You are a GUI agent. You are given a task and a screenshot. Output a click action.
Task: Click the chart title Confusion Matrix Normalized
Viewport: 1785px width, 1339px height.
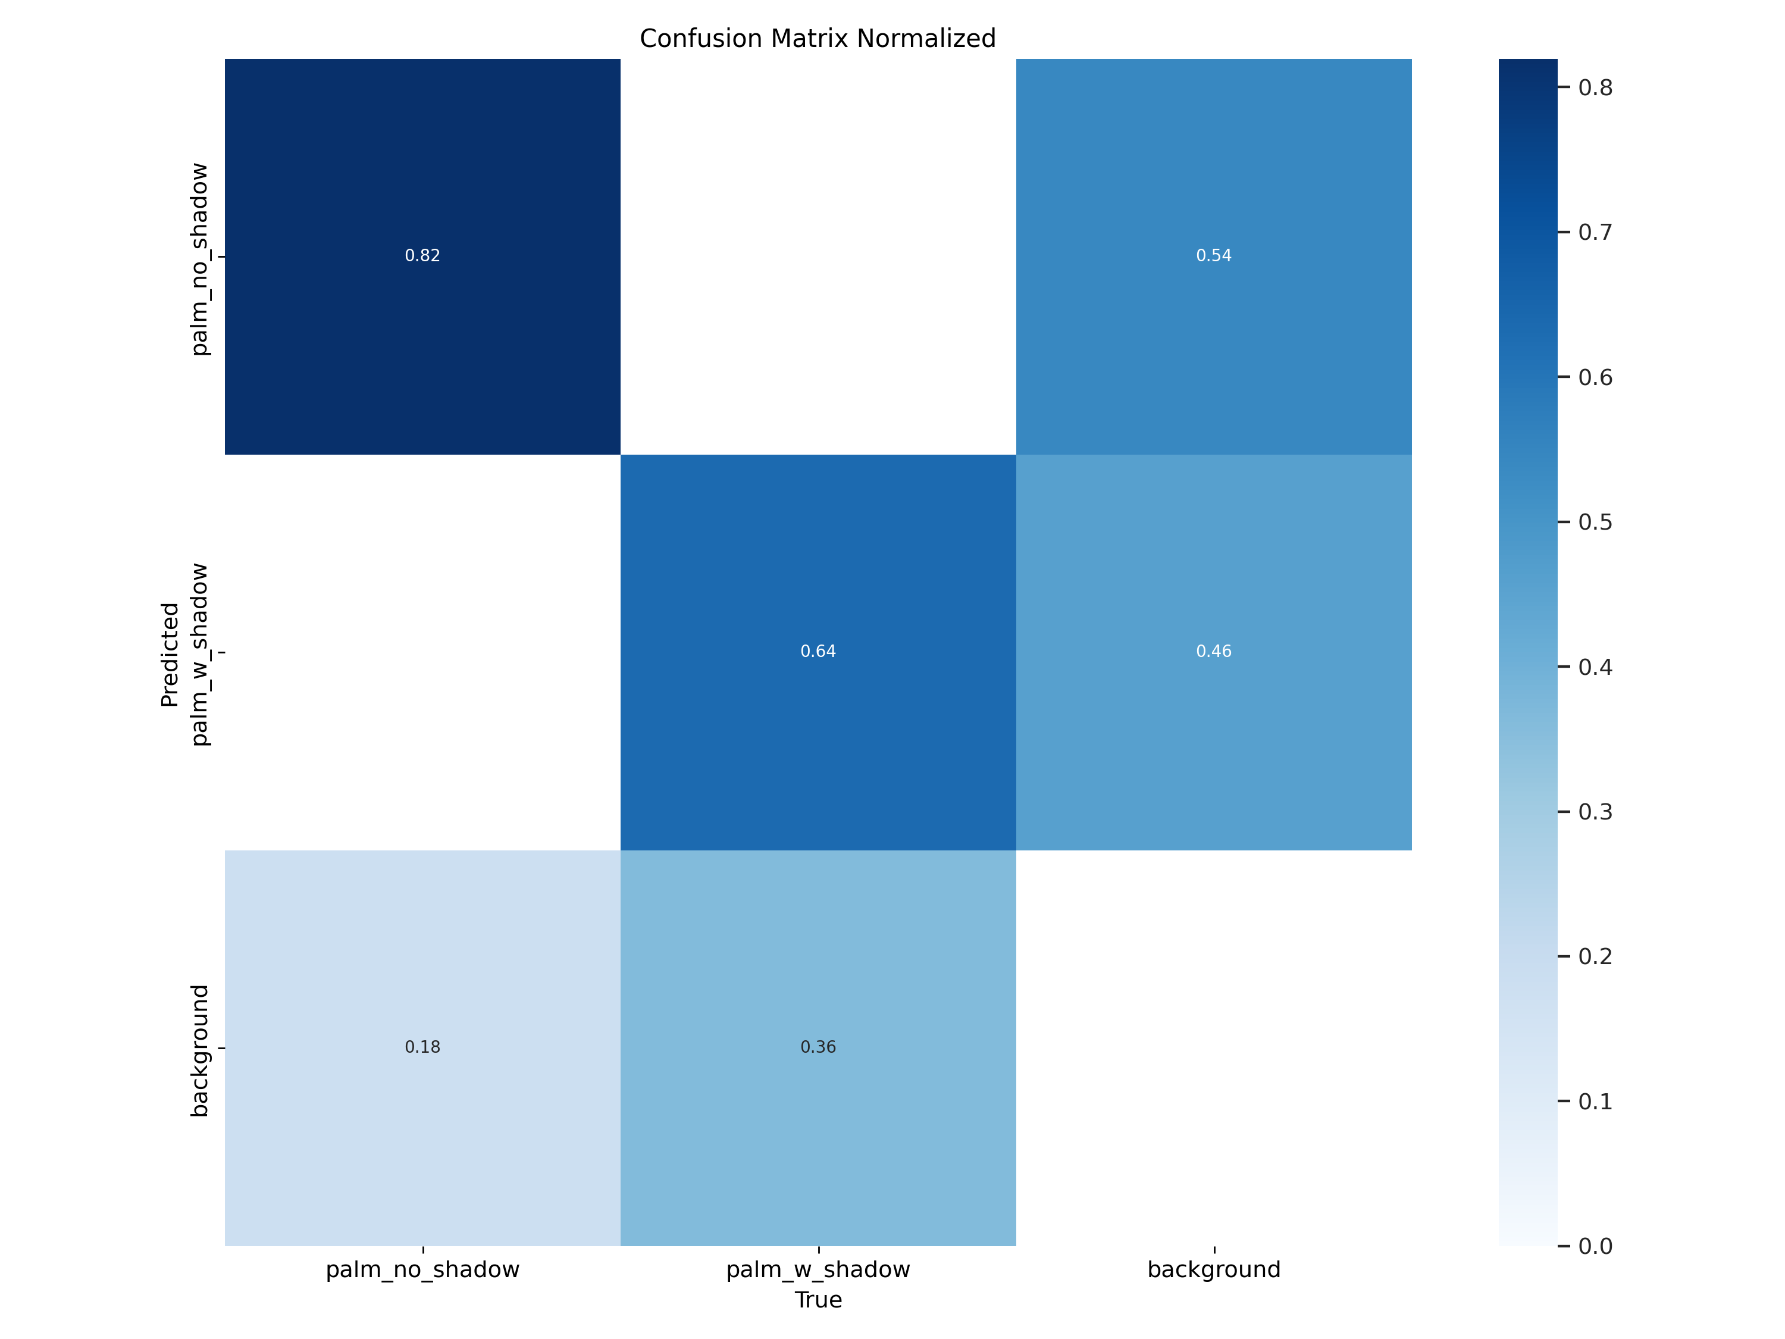pyautogui.click(x=818, y=39)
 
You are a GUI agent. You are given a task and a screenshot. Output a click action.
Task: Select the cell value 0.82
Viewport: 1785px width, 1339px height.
pyautogui.click(x=422, y=256)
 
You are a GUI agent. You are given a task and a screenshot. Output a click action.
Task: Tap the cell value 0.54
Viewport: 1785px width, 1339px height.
pyautogui.click(x=1214, y=256)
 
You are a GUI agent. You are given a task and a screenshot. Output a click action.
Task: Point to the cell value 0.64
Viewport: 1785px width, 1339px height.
pyautogui.click(x=818, y=651)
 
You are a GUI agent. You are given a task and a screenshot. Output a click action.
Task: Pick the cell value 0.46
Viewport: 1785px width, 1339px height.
pyautogui.click(x=1214, y=651)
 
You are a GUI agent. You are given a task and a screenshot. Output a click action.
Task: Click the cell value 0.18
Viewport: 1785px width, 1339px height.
pyautogui.click(x=422, y=1047)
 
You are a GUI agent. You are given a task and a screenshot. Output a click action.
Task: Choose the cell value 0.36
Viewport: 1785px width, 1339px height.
pyautogui.click(x=818, y=1047)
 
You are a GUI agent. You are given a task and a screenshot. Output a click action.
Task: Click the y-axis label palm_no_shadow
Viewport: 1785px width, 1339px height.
pyautogui.click(x=199, y=259)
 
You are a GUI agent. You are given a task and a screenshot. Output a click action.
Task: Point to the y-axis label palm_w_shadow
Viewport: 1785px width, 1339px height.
pyautogui.click(x=199, y=655)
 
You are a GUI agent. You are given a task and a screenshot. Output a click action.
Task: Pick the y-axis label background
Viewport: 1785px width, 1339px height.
pyautogui.click(x=199, y=1050)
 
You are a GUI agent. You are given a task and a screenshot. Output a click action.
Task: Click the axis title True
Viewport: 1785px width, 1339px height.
pyautogui.click(x=818, y=1300)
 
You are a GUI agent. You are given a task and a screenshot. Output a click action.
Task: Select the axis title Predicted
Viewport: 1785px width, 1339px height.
pyautogui.click(x=170, y=655)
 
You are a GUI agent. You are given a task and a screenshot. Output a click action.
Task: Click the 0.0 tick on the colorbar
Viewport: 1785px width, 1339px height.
pyautogui.click(x=1595, y=1247)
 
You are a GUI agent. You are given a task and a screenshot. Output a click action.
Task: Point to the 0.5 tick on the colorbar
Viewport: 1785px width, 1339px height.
pyautogui.click(x=1595, y=522)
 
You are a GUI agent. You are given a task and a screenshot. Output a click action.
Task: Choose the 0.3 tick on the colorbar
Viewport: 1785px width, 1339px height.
pyautogui.click(x=1595, y=812)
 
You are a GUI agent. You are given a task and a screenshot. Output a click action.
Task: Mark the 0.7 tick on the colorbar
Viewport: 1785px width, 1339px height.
pyautogui.click(x=1595, y=233)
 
